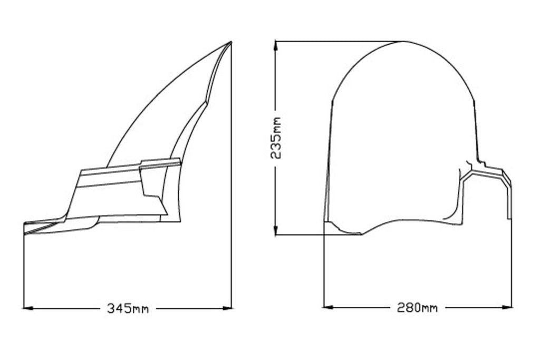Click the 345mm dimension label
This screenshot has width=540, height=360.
[128, 308]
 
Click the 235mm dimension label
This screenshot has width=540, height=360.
[276, 138]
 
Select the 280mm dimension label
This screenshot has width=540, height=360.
[417, 307]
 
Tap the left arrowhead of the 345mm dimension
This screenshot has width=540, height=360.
[28, 308]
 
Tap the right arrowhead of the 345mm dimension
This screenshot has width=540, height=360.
[227, 308]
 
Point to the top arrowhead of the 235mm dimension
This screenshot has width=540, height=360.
[275, 46]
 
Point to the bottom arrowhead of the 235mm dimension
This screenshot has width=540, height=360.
[275, 230]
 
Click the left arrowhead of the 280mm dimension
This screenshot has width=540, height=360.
[329, 307]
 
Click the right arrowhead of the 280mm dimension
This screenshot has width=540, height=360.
[507, 307]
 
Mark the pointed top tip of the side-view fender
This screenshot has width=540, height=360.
[231, 42]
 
